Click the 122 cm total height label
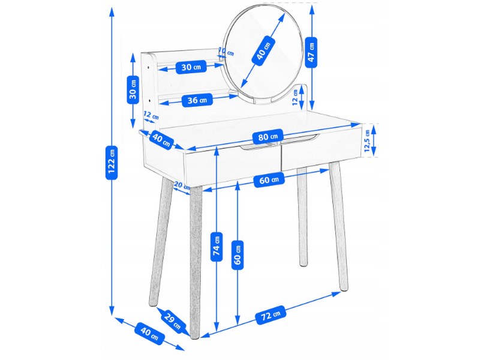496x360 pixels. point(112,163)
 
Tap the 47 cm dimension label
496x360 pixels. point(311,52)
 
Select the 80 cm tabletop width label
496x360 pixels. point(268,137)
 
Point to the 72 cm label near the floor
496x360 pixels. point(270,314)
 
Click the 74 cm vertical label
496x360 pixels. point(217,247)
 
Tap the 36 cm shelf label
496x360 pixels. point(197,100)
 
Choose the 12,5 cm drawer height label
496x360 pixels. point(367,140)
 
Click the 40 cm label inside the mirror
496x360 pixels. point(263,51)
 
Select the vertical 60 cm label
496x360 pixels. point(238,255)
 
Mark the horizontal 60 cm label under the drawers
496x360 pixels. point(269,180)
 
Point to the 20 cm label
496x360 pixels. point(182,185)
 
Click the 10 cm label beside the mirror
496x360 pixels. point(227,52)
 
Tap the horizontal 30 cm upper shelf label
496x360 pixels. point(191,67)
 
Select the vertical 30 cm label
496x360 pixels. point(133,89)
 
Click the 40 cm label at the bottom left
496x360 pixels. point(149,333)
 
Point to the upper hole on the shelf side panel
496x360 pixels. point(148,67)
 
